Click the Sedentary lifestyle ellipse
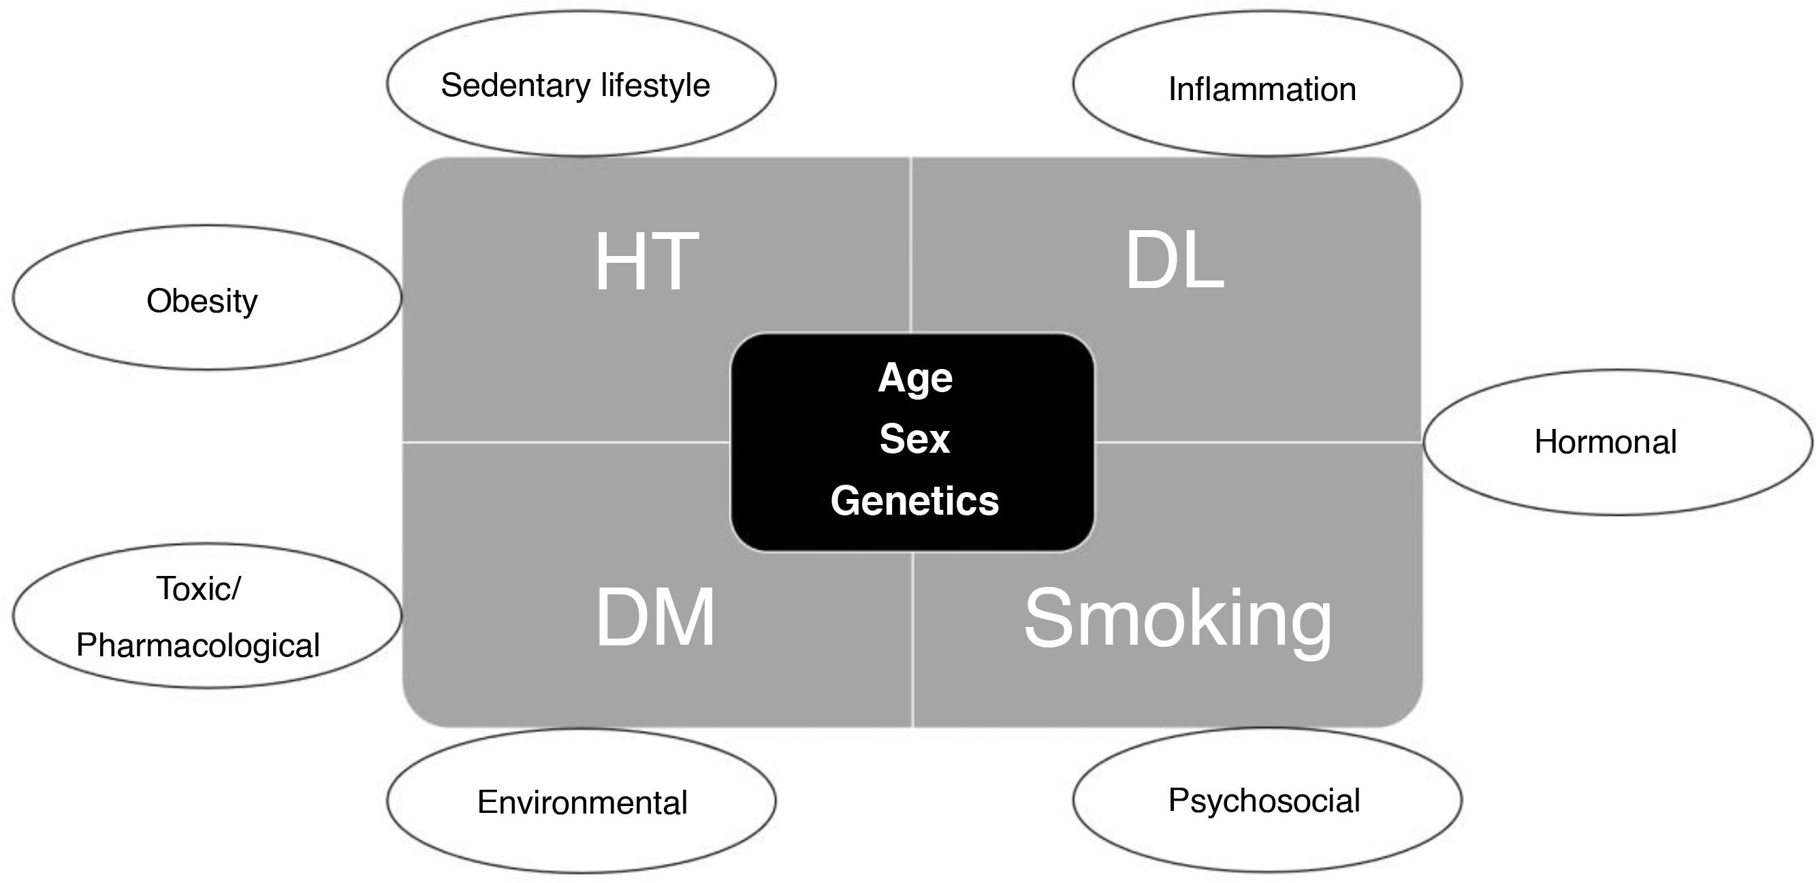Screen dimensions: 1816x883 click(581, 84)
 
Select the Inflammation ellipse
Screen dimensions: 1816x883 click(1267, 84)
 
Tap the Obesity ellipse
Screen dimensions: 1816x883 click(206, 298)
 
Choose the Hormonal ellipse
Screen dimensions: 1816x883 click(1617, 443)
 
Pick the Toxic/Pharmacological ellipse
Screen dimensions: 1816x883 click(206, 616)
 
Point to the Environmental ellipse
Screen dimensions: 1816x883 click(581, 801)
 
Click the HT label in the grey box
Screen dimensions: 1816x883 click(646, 262)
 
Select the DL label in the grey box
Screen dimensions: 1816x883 click(1174, 262)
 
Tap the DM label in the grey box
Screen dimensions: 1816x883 click(655, 618)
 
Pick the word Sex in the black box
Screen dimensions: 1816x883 click(914, 439)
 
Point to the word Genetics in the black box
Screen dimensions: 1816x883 click(914, 501)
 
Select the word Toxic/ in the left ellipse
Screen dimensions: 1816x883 click(199, 588)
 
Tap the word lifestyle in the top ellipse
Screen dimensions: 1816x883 click(655, 85)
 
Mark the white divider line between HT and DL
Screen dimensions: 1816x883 click(912, 243)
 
